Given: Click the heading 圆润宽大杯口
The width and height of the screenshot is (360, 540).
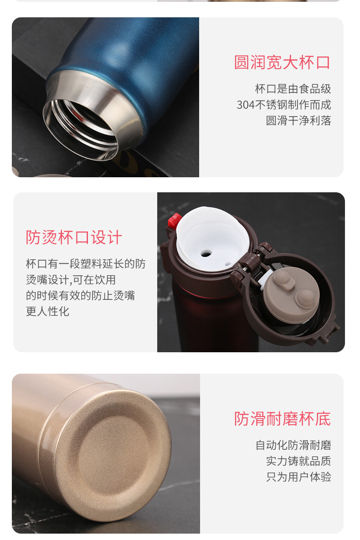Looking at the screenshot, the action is (x=282, y=63).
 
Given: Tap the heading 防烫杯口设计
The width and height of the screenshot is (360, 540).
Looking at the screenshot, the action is (x=74, y=237).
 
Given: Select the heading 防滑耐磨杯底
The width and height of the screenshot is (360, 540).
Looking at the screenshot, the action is (x=282, y=419).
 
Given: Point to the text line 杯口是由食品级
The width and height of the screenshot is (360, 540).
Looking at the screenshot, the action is (x=293, y=89).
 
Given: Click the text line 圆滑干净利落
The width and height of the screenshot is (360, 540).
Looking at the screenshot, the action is (x=298, y=121).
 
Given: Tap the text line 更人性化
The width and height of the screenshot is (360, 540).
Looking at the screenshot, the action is (x=47, y=311).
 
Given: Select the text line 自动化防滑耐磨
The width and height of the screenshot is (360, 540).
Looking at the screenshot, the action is (x=293, y=445).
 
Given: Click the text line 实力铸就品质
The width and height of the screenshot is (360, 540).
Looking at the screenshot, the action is (x=298, y=461).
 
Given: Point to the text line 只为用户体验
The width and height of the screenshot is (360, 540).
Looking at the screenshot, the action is (x=298, y=477).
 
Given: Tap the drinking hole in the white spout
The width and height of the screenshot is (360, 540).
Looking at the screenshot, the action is (x=206, y=254).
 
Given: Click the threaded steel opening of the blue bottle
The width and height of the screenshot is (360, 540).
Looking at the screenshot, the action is (x=81, y=129).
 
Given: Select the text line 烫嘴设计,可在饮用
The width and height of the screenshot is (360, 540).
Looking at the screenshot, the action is (x=71, y=280).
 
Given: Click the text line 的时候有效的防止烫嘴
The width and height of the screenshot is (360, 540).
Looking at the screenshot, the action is (x=80, y=295).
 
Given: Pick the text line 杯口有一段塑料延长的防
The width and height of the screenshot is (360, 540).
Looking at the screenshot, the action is (x=86, y=264).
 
